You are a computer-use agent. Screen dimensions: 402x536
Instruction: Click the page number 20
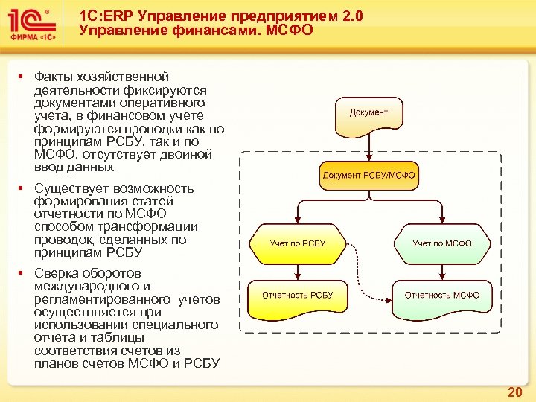point(514,392)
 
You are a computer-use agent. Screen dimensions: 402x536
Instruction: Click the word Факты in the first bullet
point(54,77)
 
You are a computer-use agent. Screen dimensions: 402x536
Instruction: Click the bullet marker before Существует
point(22,188)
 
